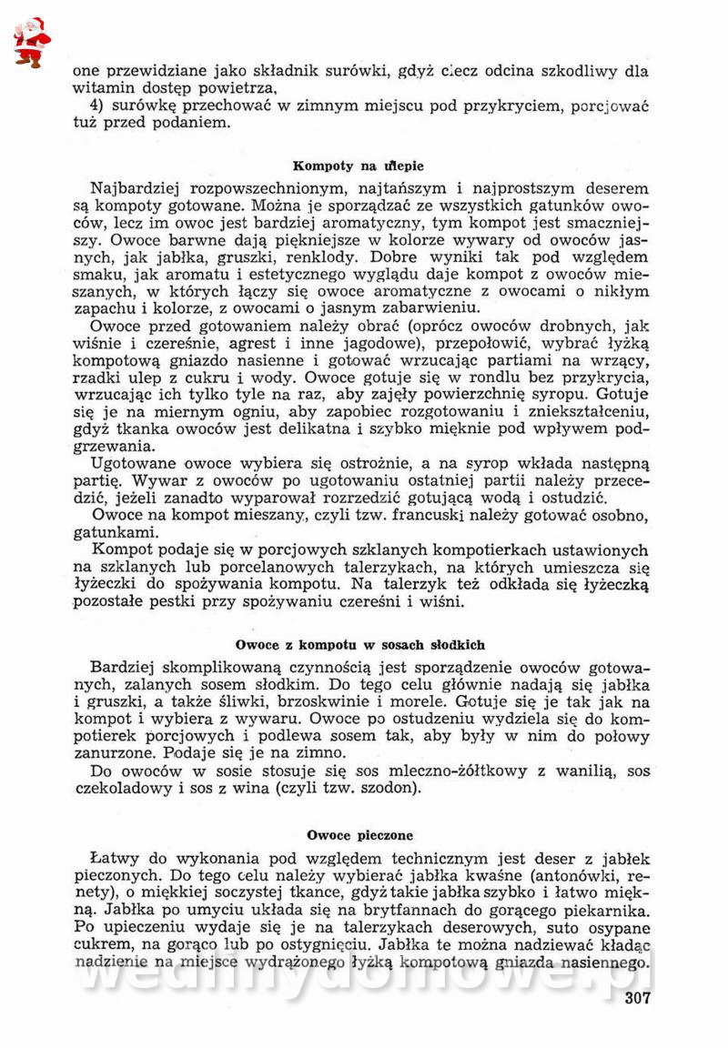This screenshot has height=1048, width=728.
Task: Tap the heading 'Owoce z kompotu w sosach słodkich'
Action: click(x=359, y=644)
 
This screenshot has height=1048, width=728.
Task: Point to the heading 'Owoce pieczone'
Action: click(x=359, y=833)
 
